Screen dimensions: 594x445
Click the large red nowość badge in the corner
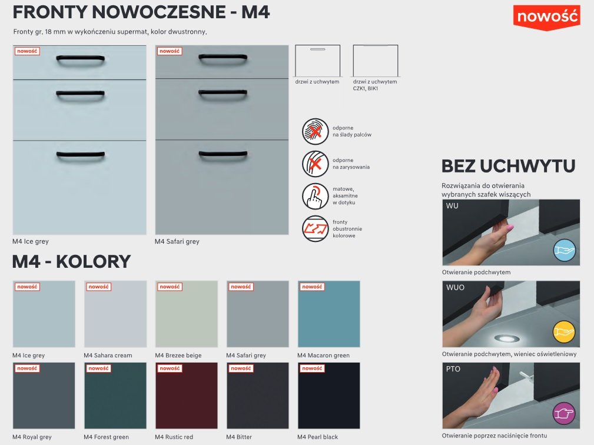(547, 18)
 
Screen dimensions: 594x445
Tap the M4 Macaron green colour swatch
(329, 314)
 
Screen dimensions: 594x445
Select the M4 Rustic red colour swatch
(187, 396)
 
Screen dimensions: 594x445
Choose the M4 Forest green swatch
(115, 396)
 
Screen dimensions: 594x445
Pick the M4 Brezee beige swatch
(187, 314)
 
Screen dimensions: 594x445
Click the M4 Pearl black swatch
(329, 396)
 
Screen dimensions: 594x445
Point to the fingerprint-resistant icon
(315, 131)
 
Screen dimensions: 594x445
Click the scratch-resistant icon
(315, 164)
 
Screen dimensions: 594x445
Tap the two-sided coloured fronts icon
(315, 229)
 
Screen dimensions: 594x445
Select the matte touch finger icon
(315, 196)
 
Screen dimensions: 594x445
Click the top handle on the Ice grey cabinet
(80, 59)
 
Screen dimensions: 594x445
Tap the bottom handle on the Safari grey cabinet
(223, 155)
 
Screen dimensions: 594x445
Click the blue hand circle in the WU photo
(564, 250)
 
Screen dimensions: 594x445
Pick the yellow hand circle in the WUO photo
(564, 332)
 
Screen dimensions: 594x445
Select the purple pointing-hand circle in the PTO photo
(564, 413)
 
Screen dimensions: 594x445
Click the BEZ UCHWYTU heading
(509, 166)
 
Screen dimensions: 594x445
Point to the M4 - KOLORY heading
(71, 262)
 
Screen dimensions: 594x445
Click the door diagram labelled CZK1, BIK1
(376, 61)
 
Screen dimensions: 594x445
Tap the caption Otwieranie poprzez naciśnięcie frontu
(495, 436)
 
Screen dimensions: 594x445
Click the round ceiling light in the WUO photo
(503, 338)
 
